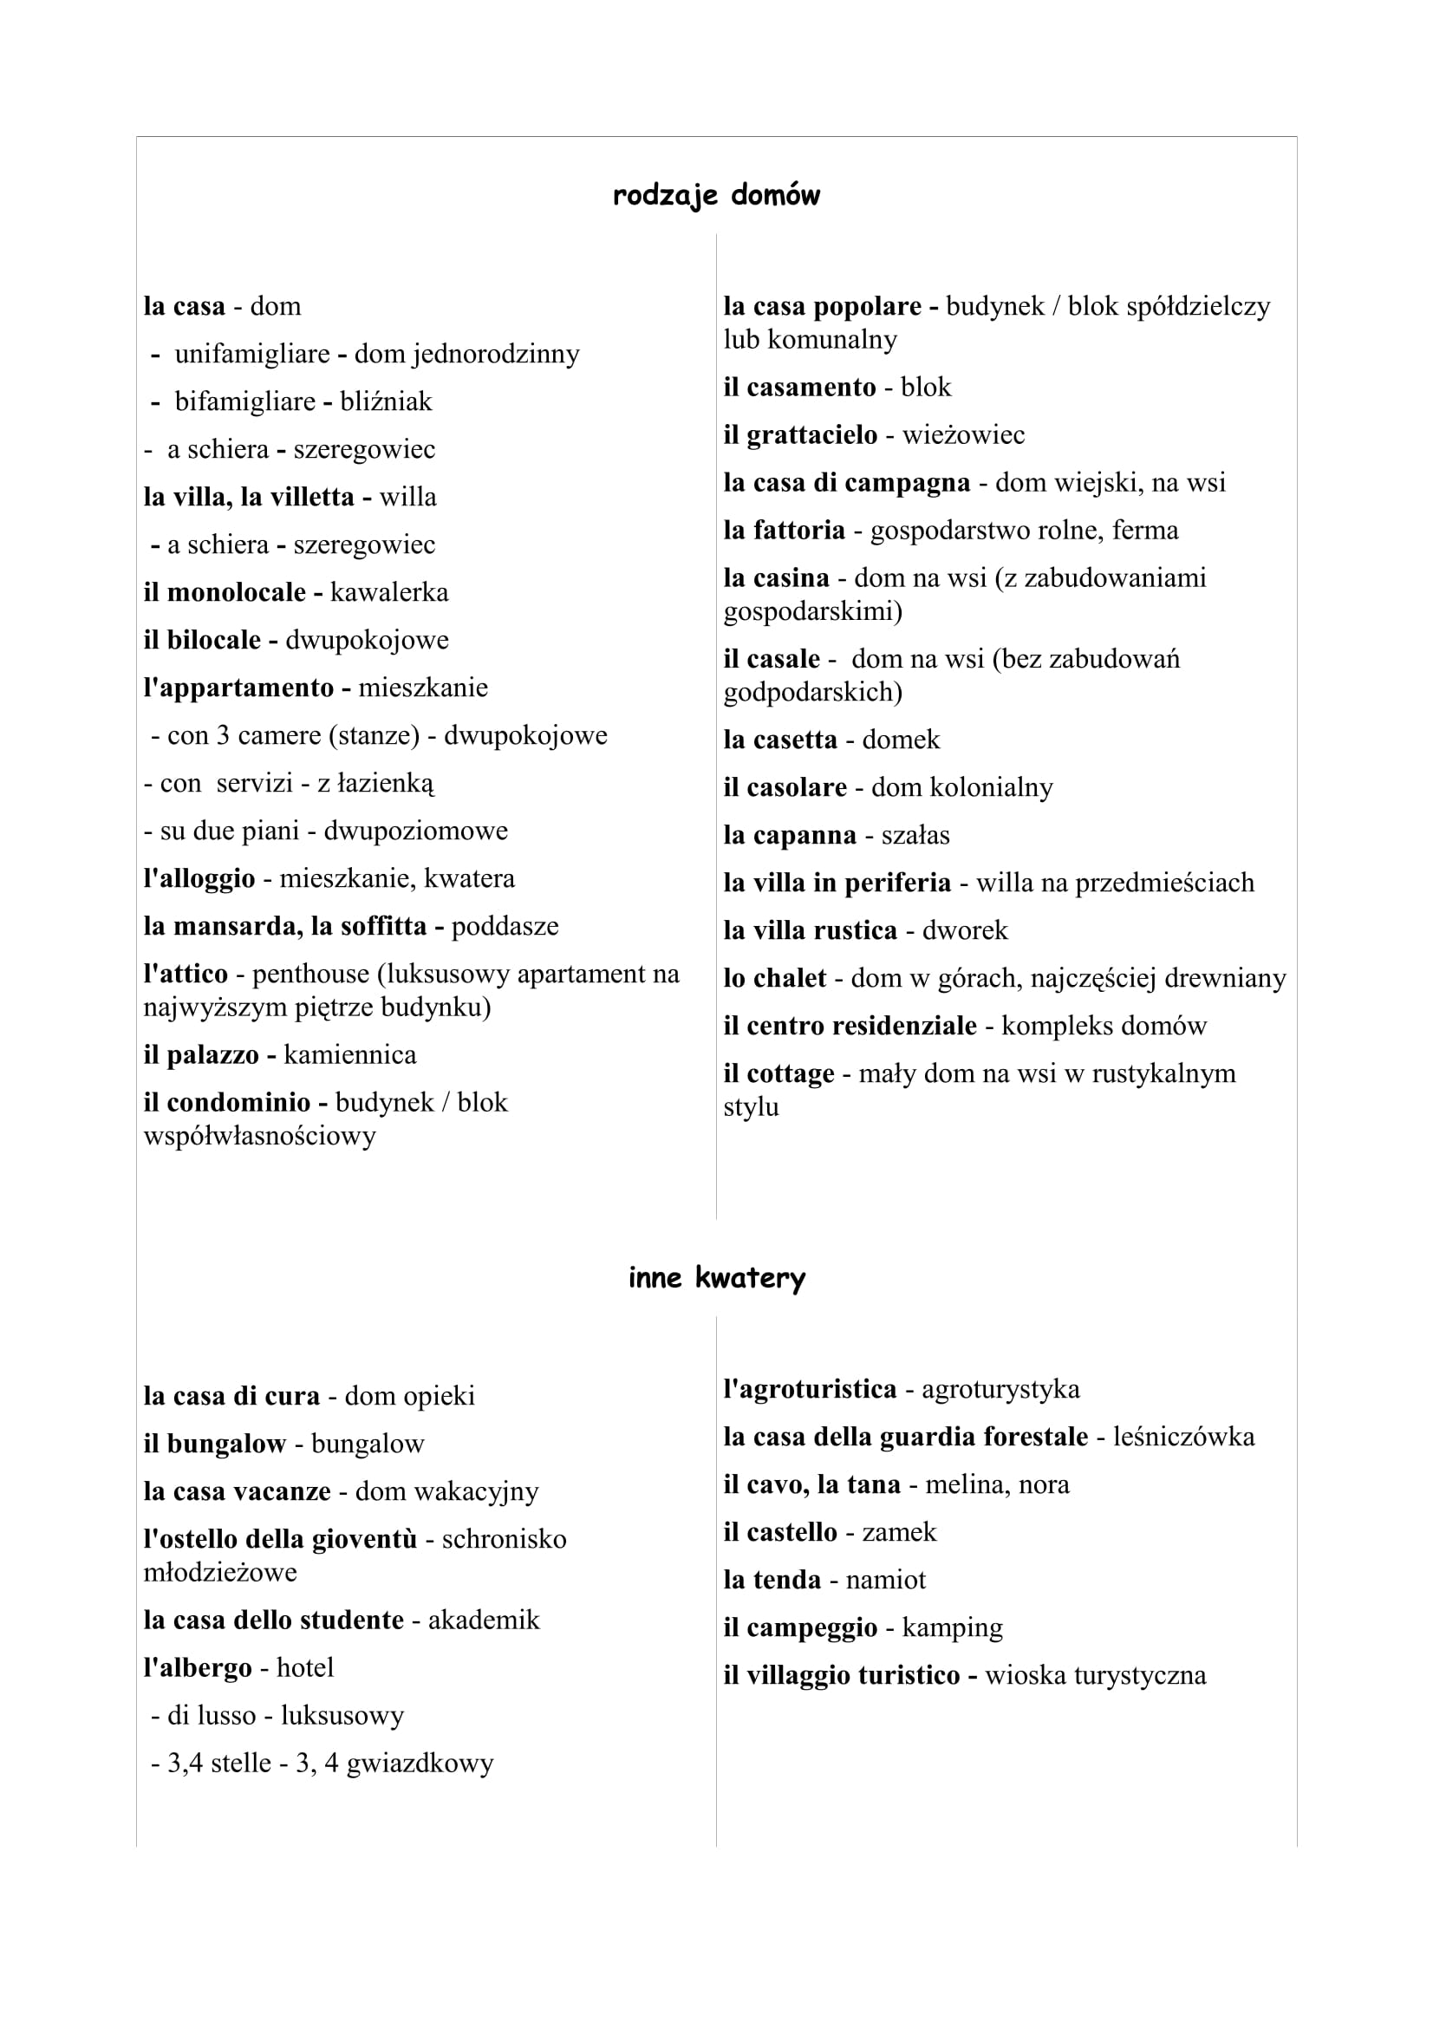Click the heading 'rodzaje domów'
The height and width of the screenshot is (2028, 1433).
coord(716,195)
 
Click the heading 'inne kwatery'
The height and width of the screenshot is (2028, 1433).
coord(716,1278)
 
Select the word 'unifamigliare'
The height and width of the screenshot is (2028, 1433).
coord(251,355)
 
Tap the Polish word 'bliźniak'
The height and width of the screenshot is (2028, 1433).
coord(386,402)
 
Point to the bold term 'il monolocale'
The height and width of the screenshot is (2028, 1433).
coord(225,593)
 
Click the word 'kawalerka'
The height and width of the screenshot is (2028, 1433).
coord(388,593)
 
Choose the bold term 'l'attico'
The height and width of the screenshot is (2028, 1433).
coord(186,975)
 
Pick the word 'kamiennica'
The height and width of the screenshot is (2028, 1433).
coord(349,1055)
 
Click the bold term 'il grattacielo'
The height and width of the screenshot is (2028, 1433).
coord(800,435)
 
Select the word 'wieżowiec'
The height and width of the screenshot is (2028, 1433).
coord(963,435)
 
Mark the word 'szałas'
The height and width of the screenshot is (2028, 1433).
coord(915,836)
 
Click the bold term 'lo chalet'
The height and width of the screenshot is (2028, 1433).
coord(774,979)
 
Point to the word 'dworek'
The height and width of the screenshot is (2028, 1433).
coord(964,931)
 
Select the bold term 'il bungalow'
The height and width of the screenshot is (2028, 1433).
coord(214,1444)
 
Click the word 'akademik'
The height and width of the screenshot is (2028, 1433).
coord(483,1620)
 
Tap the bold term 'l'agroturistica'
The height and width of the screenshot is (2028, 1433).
coord(810,1389)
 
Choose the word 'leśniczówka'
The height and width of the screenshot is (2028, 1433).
coord(1183,1437)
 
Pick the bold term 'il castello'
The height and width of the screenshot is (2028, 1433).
coord(779,1532)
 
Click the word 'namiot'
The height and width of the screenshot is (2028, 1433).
coord(886,1581)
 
